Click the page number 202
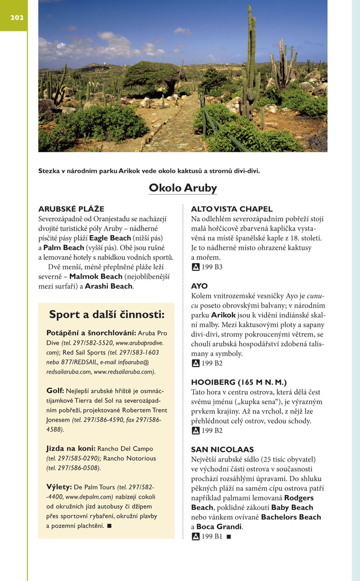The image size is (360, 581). (x=17, y=18)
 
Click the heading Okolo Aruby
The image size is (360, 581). (x=183, y=188)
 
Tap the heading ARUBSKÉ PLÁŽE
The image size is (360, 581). (x=71, y=209)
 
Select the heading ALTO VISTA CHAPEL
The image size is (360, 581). (x=231, y=209)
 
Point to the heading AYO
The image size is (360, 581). (x=199, y=286)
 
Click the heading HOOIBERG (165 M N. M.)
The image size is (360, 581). (x=239, y=382)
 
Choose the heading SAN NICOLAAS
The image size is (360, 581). (x=222, y=449)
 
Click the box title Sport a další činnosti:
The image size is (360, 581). (x=107, y=314)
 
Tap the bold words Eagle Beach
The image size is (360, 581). (x=110, y=238)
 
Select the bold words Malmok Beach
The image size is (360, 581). (x=96, y=277)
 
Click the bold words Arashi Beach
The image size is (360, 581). (x=108, y=286)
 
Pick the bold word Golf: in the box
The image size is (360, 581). (x=56, y=391)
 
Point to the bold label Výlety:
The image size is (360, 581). (x=59, y=487)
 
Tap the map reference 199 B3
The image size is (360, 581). (x=212, y=267)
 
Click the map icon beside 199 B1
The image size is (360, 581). (x=195, y=537)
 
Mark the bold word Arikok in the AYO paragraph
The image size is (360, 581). (x=223, y=315)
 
